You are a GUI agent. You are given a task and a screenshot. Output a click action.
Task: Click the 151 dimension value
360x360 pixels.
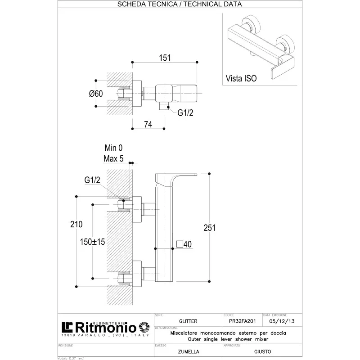[164, 57]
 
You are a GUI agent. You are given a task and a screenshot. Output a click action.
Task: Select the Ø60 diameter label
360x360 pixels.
[96, 94]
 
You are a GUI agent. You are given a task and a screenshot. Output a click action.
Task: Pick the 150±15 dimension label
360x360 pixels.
[92, 242]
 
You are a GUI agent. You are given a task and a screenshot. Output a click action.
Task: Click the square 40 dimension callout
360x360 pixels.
[184, 244]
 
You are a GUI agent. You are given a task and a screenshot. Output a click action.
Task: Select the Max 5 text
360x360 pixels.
[113, 158]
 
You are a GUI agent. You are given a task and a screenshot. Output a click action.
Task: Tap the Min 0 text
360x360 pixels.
[113, 148]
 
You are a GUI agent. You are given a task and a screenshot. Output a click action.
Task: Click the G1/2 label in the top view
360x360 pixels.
[185, 113]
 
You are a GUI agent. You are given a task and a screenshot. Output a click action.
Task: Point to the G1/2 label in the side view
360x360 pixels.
[92, 180]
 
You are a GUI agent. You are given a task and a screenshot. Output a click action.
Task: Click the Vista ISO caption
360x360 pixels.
[241, 78]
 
